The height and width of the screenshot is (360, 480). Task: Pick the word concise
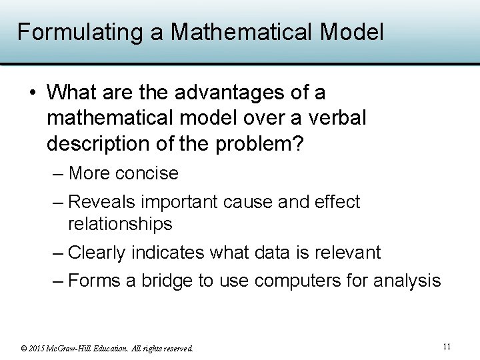[147, 173]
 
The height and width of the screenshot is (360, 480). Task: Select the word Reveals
[102, 201]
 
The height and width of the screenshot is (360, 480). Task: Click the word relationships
[120, 224]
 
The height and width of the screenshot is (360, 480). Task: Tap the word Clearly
[97, 253]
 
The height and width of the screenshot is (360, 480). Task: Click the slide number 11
[447, 346]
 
